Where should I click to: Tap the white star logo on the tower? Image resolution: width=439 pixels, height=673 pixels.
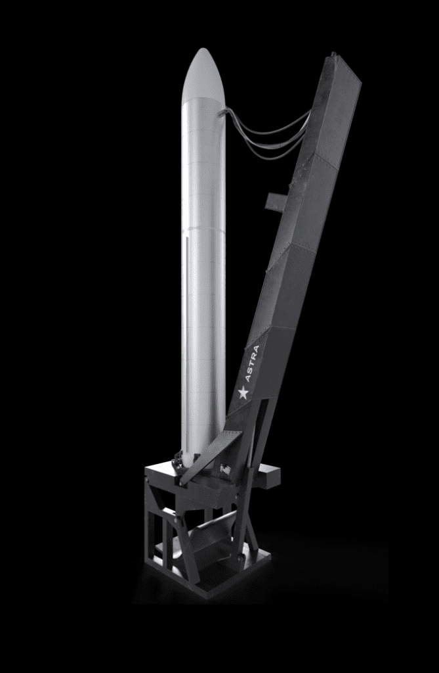243,393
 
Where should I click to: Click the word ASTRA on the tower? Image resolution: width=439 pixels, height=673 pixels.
252,363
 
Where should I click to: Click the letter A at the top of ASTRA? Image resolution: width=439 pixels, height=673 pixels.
256,349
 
